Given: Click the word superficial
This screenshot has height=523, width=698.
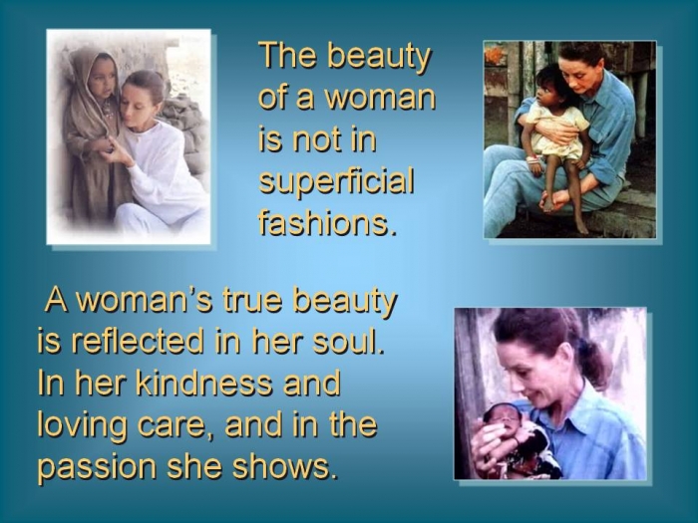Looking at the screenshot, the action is click(337, 182).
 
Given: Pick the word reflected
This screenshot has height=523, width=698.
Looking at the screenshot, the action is click(138, 342).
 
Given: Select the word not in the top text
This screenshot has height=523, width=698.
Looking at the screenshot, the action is click(314, 139).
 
